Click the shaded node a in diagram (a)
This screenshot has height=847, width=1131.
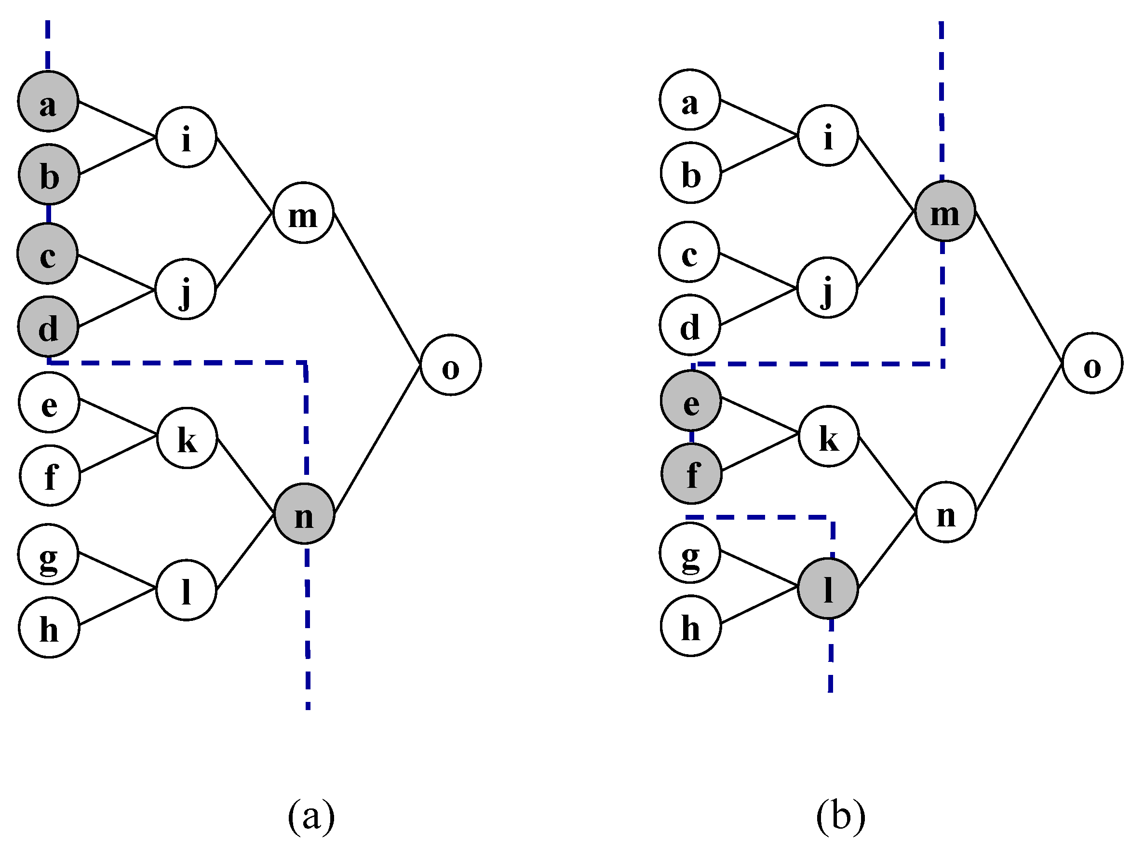[x=48, y=101]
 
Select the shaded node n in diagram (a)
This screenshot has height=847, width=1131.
[x=304, y=513]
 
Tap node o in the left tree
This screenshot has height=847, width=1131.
[x=450, y=365]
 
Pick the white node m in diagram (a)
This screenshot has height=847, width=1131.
[x=303, y=213]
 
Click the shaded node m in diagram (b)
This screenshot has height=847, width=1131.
[x=945, y=211]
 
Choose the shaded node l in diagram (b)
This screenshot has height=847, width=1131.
[x=828, y=588]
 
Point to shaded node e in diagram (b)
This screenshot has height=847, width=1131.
[x=691, y=401]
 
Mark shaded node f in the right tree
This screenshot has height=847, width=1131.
[x=691, y=473]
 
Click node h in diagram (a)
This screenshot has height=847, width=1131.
[x=49, y=627]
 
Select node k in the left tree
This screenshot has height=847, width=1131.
[x=187, y=438]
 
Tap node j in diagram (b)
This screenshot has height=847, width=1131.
[x=827, y=287]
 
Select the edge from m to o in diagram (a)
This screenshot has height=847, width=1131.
[x=377, y=288]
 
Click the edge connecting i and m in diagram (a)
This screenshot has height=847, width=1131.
[x=244, y=175]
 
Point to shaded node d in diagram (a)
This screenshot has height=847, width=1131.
[x=48, y=326]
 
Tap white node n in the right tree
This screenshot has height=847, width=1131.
[x=946, y=511]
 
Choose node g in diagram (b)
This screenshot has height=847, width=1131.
[x=690, y=552]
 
